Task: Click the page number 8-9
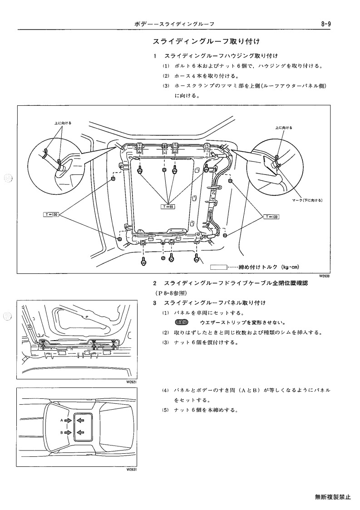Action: [325, 24]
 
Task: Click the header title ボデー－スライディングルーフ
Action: [174, 25]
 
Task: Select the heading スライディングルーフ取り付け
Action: [206, 42]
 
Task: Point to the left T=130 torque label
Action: [51, 214]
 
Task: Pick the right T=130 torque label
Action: [271, 217]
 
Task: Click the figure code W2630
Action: [324, 276]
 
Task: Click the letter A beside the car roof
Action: [62, 421]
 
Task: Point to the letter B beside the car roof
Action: [62, 433]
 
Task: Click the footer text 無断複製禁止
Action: [333, 497]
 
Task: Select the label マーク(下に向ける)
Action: [307, 200]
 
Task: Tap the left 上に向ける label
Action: [63, 123]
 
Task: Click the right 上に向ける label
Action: [284, 128]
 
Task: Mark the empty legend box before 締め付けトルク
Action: [218, 267]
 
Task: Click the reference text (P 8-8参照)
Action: [170, 293]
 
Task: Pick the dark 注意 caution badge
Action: [181, 322]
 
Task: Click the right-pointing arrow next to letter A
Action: [68, 421]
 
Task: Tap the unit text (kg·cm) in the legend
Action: [290, 267]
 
